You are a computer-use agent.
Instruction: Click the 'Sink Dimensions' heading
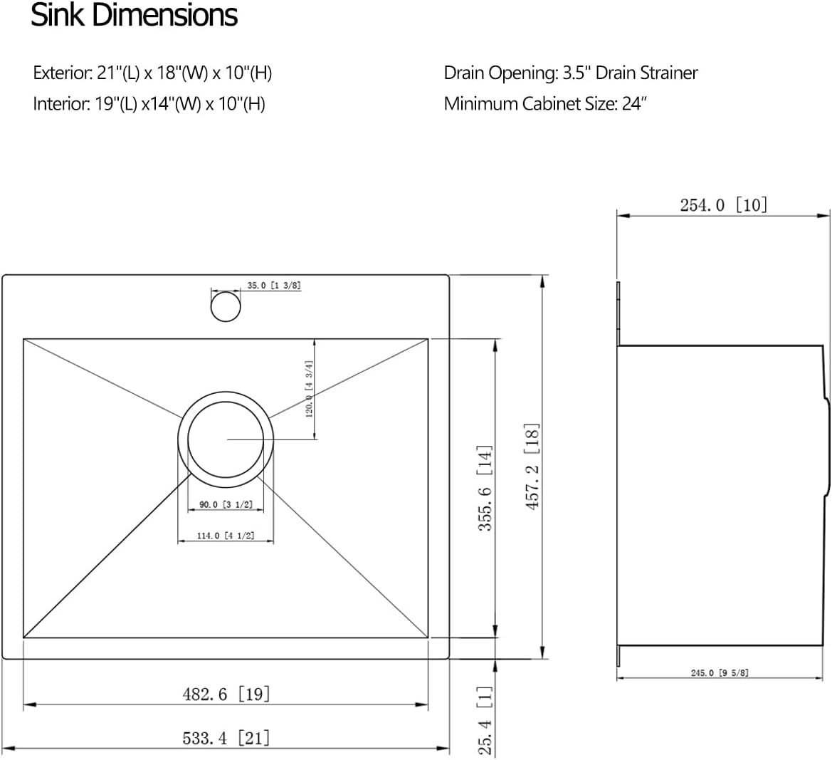tap(134, 16)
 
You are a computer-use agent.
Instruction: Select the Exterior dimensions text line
tap(152, 73)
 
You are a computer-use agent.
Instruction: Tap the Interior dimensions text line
tap(149, 104)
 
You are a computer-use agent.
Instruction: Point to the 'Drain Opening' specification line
tap(570, 73)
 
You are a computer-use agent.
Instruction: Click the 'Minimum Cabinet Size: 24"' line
tap(544, 104)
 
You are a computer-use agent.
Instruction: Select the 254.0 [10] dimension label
tap(723, 205)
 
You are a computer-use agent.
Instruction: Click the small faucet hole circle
tap(226, 306)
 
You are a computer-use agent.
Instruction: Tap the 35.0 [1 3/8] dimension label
tap(273, 286)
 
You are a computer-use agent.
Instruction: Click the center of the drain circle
tap(226, 439)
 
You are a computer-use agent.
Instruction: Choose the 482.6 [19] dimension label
tap(226, 694)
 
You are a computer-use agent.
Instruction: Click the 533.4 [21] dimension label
tap(226, 738)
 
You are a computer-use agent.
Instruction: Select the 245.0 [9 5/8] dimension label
tap(719, 672)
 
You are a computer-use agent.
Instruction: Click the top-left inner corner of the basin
tap(24, 340)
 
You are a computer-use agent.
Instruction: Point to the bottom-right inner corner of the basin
tap(428, 637)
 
